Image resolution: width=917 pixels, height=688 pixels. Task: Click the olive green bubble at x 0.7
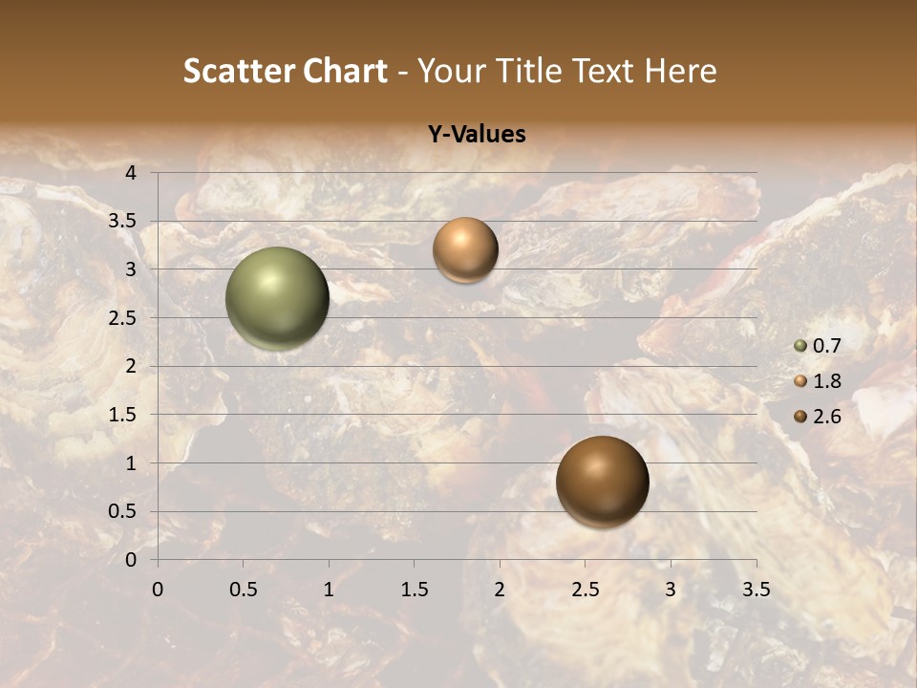click(278, 298)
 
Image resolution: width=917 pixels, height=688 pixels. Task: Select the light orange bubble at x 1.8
click(465, 249)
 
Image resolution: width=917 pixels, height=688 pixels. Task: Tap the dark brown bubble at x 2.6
click(603, 482)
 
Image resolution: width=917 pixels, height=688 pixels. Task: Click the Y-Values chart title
click(477, 135)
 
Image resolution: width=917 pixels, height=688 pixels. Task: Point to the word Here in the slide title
click(679, 71)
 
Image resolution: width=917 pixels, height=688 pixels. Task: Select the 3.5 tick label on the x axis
click(756, 589)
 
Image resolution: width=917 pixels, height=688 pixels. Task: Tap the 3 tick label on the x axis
click(671, 589)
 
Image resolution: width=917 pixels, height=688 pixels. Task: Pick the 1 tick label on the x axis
click(329, 589)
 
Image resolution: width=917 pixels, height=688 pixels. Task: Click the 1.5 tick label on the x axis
click(414, 589)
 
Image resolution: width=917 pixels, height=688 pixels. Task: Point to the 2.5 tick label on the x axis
click(585, 589)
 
